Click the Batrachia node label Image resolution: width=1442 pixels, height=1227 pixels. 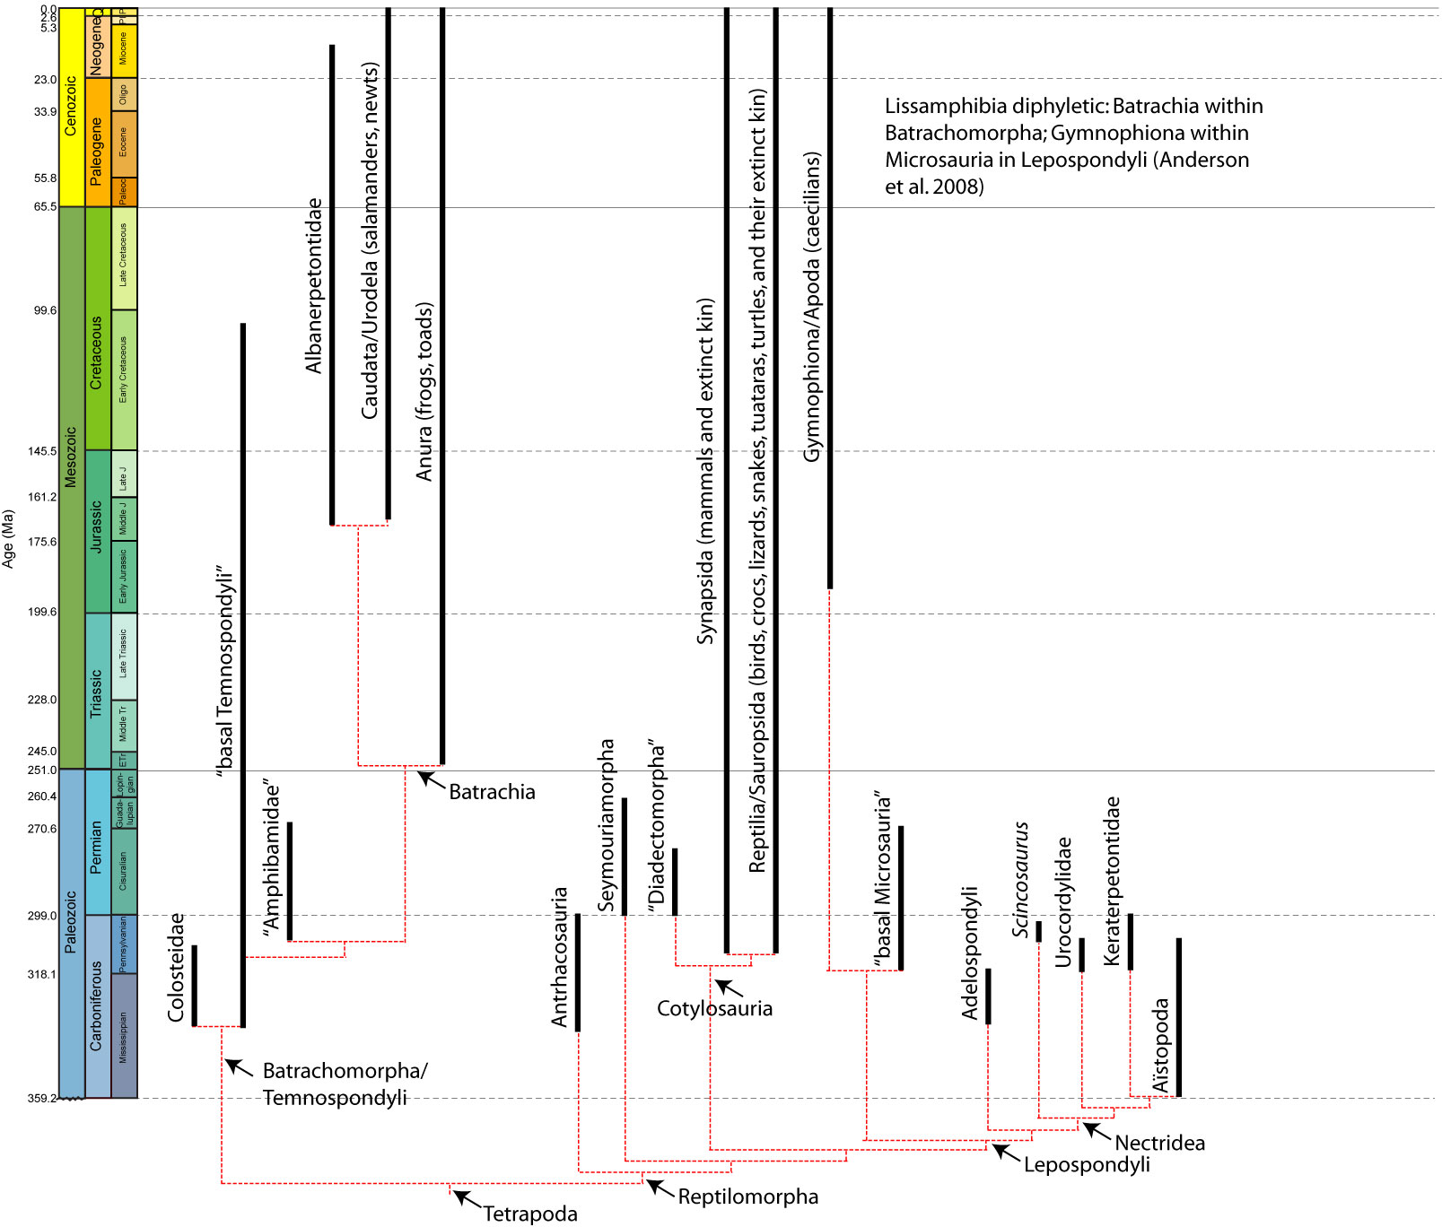492,792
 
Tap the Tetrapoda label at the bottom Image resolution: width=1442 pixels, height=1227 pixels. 530,1214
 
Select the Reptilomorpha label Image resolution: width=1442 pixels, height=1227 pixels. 747,1197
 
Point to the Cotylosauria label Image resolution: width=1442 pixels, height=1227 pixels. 714,1008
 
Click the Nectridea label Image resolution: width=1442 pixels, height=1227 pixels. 1159,1143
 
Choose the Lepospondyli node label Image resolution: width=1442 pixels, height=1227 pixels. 1087,1164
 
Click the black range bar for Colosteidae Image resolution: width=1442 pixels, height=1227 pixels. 194,985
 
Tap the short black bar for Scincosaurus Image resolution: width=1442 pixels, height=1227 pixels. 1039,931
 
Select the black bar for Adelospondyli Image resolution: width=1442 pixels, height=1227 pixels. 988,996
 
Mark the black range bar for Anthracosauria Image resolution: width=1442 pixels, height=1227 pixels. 578,972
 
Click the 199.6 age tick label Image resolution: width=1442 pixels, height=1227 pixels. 41,612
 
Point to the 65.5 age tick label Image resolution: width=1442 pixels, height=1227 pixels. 45,206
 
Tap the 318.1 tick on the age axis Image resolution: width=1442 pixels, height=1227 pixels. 41,974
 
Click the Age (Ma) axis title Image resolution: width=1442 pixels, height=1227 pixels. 9,538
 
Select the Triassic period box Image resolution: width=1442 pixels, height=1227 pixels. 97,692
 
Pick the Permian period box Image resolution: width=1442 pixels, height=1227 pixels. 97,842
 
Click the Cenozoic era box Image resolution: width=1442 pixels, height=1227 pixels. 71,107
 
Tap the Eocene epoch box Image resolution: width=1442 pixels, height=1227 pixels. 124,144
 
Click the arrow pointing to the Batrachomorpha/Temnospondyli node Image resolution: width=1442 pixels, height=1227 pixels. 238,1067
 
